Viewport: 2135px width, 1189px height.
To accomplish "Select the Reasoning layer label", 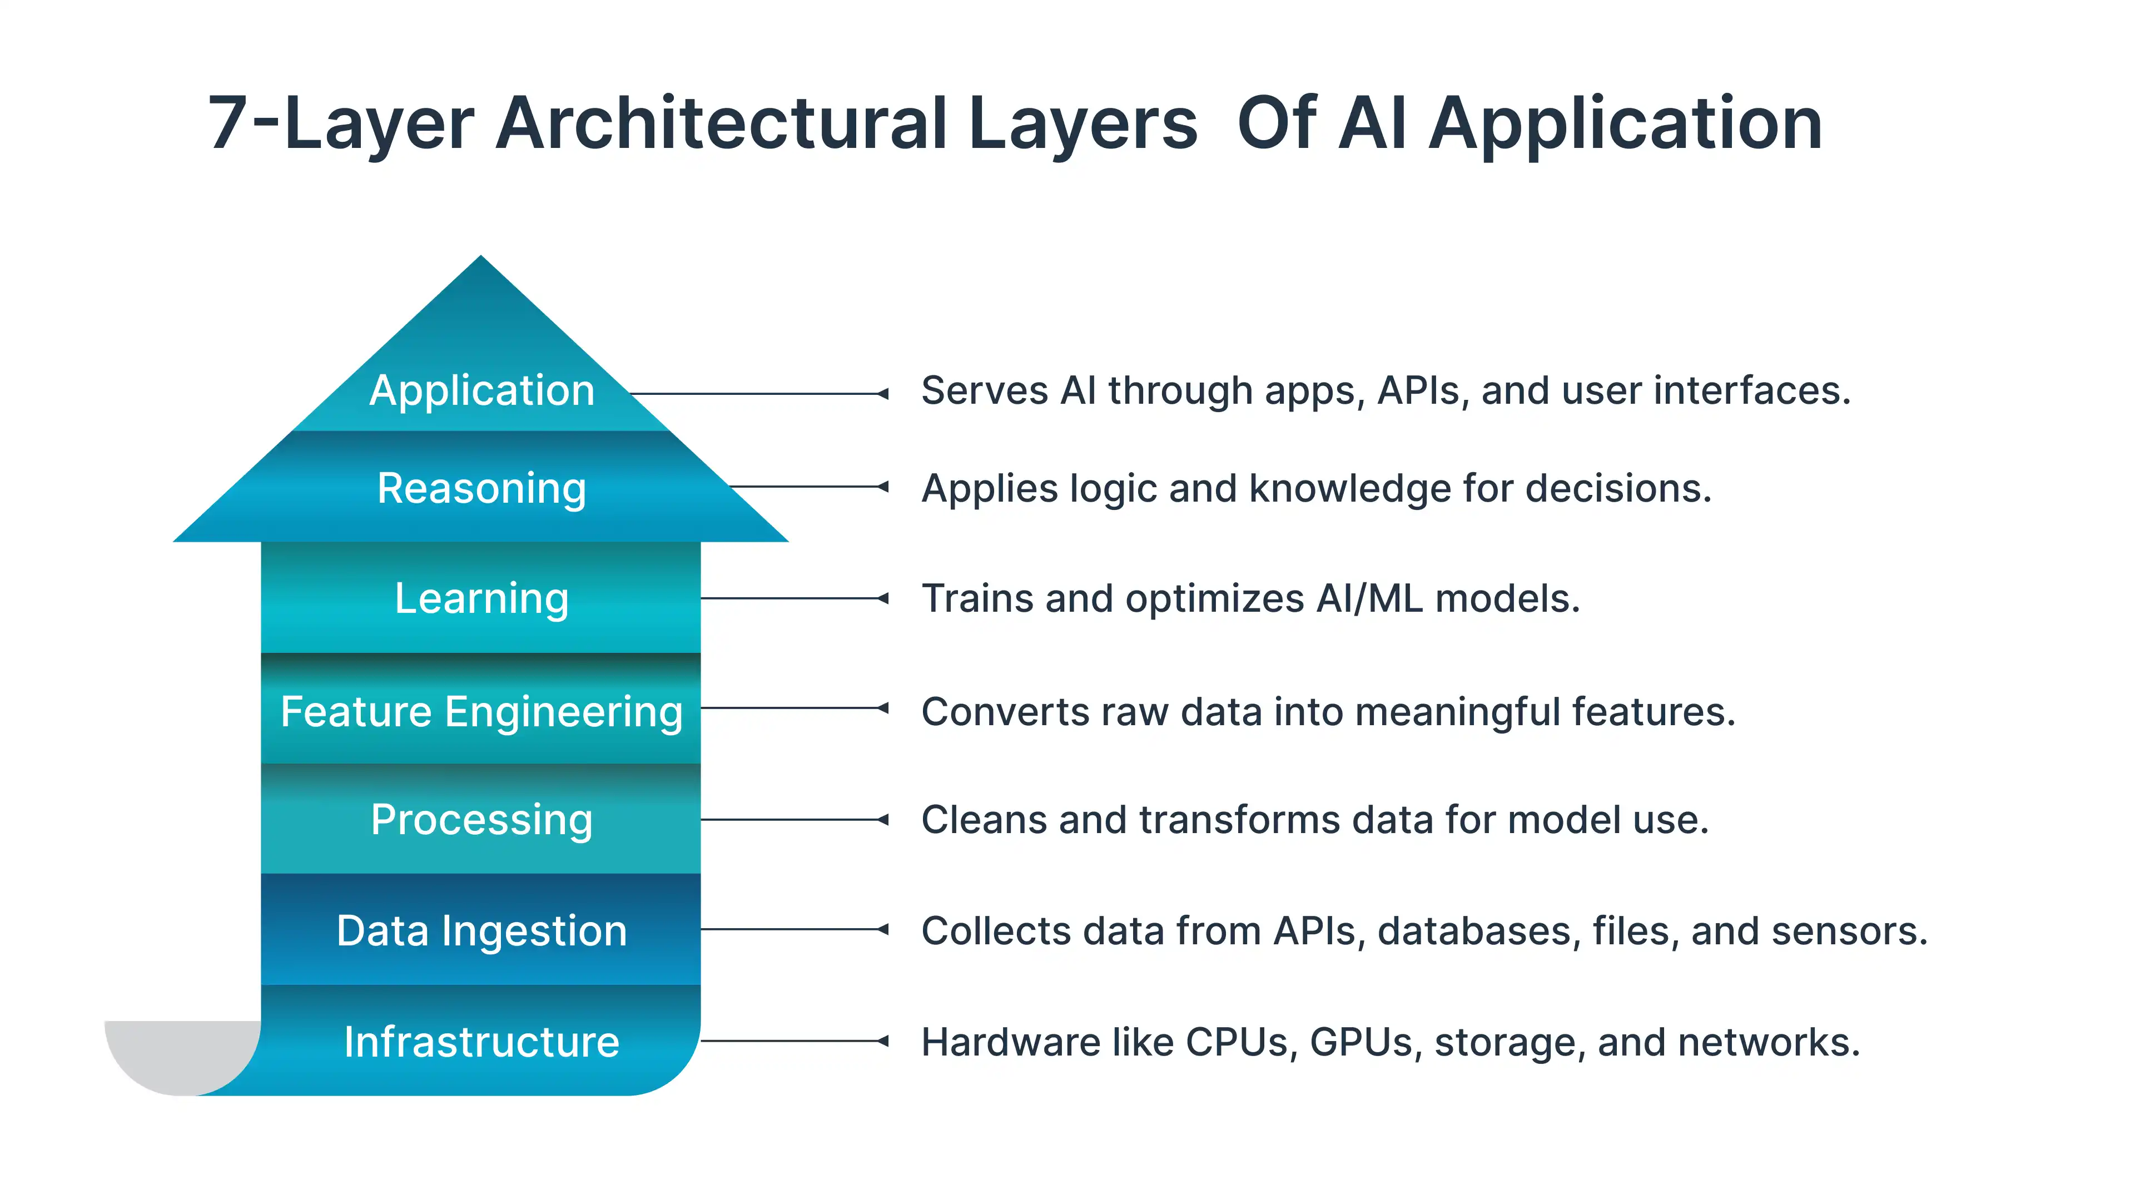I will [481, 488].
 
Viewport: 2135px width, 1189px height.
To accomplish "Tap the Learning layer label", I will [481, 598].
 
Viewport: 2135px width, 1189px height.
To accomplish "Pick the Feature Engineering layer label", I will [481, 711].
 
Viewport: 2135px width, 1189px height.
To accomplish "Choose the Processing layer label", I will [481, 819].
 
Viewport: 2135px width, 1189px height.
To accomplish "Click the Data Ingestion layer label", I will [481, 930].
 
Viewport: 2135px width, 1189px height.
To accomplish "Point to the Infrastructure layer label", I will [481, 1042].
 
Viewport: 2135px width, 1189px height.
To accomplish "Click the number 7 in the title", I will [228, 125].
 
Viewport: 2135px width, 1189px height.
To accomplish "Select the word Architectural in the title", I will [721, 125].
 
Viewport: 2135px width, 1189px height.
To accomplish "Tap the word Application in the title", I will [1625, 125].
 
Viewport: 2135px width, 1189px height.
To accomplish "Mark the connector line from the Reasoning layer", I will [808, 487].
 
